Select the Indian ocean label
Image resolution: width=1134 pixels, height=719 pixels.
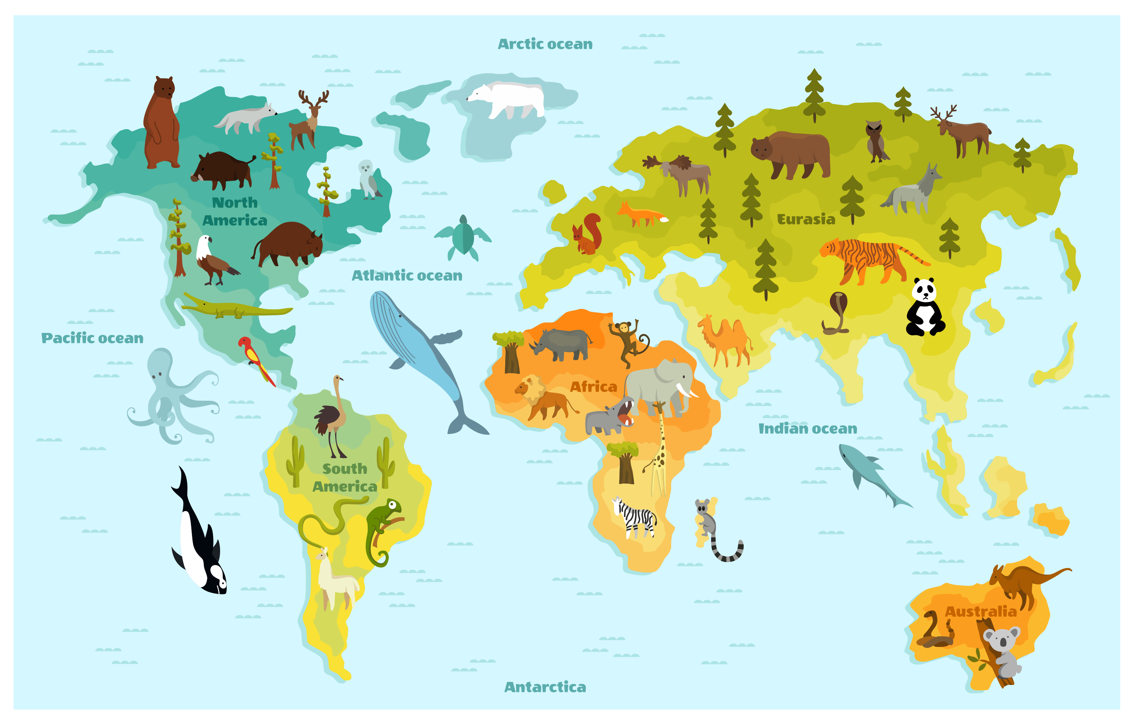point(807,428)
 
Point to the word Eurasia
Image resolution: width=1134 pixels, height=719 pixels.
point(806,219)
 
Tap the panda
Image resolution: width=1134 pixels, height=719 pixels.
point(924,308)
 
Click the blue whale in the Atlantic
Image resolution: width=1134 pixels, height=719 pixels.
point(415,349)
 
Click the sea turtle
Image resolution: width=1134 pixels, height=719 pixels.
point(463,238)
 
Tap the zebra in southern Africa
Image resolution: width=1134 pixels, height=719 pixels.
point(636,518)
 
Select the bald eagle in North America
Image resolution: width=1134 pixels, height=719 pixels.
point(212,261)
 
